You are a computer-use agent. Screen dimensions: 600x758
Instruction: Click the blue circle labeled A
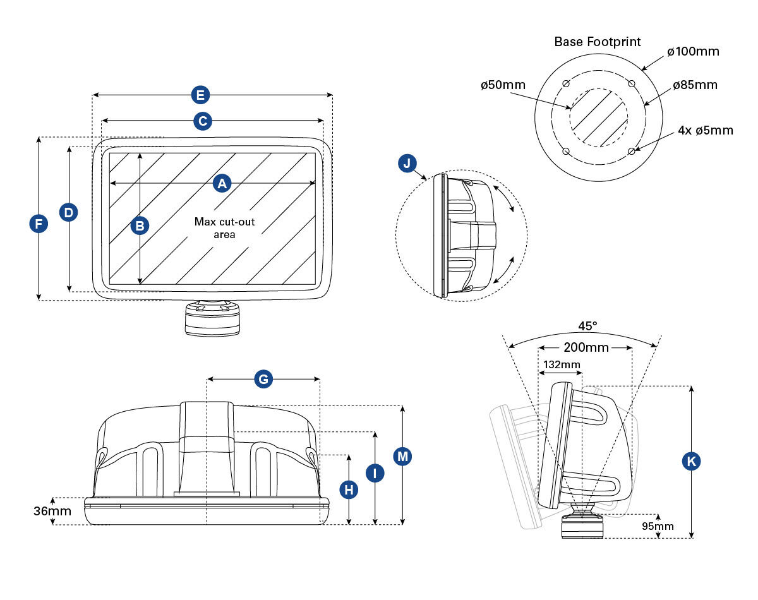tap(221, 183)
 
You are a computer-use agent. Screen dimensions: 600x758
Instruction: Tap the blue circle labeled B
tap(140, 225)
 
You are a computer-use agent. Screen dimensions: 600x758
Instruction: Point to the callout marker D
tap(69, 213)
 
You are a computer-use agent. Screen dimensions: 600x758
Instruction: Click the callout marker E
tap(200, 95)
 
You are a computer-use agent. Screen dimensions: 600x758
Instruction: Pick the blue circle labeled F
tap(39, 224)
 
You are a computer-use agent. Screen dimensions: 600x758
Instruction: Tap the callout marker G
tap(263, 379)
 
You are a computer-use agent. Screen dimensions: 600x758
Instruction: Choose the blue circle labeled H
tap(349, 489)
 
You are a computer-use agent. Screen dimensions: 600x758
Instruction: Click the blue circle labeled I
tap(375, 472)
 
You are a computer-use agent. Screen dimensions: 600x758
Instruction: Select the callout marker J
tap(407, 164)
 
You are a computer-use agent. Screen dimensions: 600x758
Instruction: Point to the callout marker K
tap(692, 462)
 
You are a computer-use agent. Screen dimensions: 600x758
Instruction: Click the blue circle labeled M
tap(402, 456)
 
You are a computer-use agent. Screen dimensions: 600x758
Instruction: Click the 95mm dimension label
tap(658, 526)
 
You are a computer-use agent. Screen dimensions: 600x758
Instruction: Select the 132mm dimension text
tap(561, 364)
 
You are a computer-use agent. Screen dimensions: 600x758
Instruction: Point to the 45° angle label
tap(587, 326)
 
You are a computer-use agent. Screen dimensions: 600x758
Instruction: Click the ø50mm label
tap(503, 85)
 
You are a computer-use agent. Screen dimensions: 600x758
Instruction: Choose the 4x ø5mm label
tap(706, 131)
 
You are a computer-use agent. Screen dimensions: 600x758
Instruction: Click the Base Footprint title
tap(598, 42)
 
